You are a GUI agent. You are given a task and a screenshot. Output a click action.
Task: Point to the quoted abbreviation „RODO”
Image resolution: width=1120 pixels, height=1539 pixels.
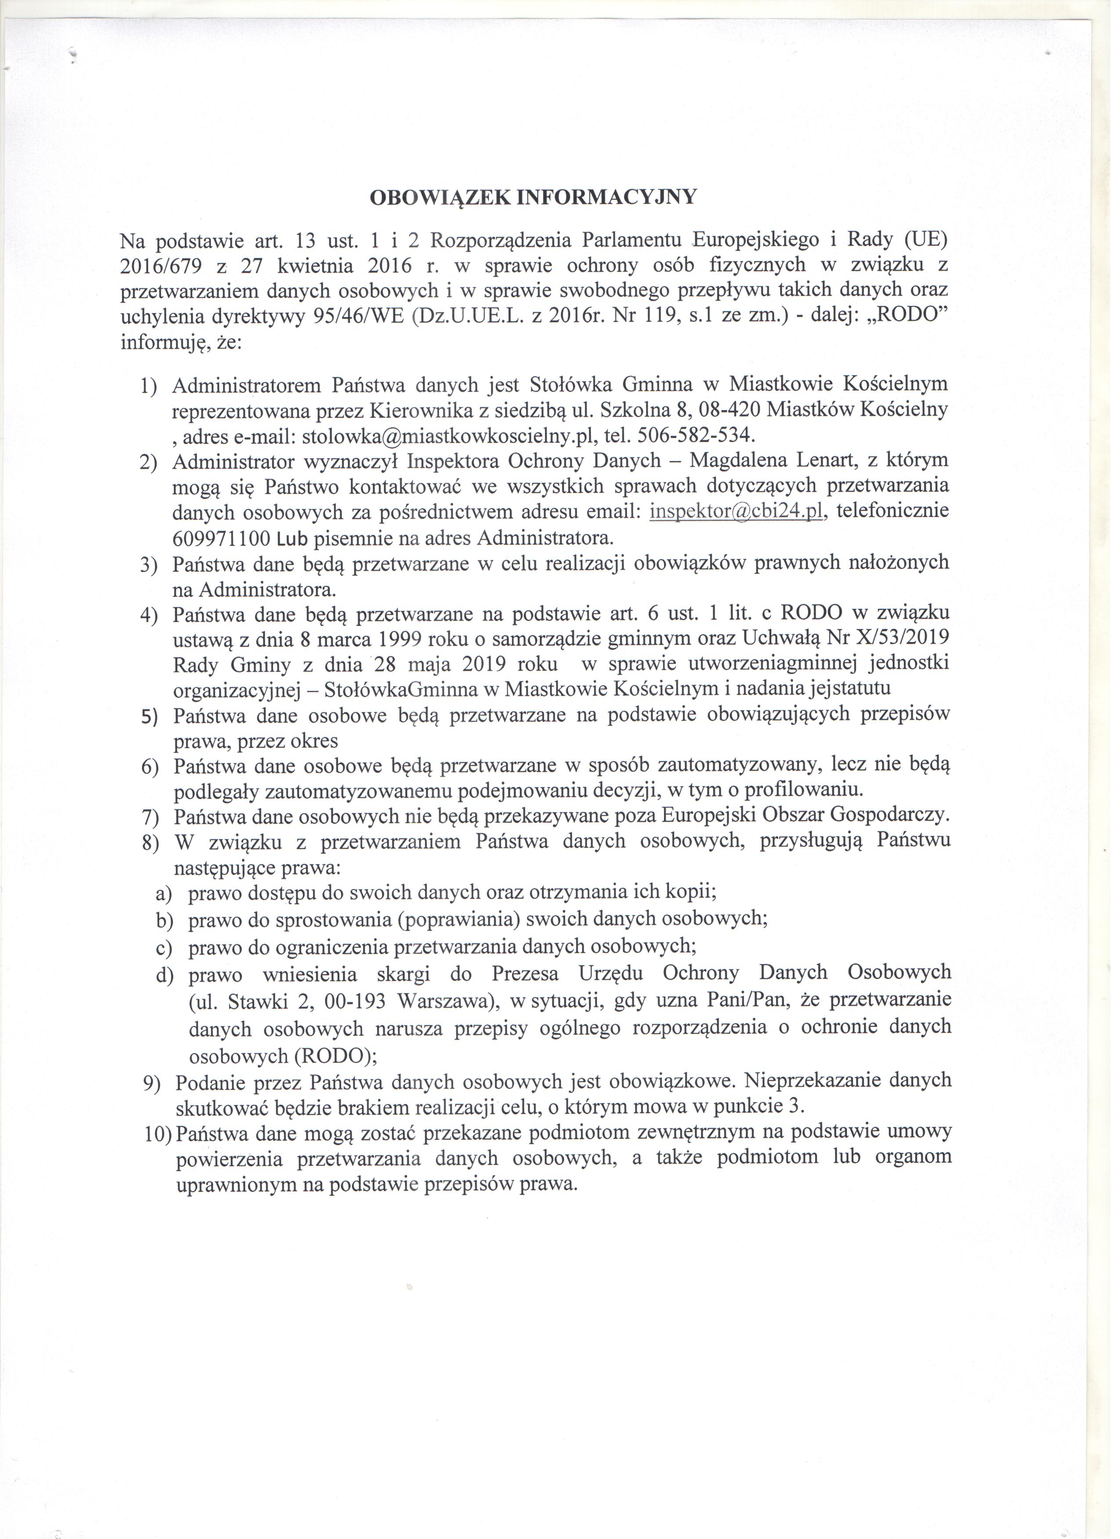click(906, 317)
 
